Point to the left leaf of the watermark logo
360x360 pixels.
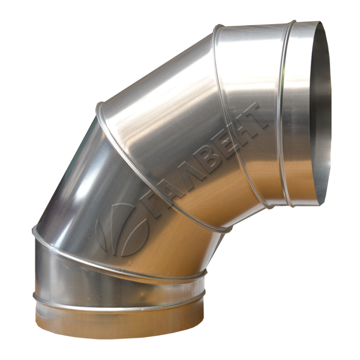[x=101, y=234]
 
